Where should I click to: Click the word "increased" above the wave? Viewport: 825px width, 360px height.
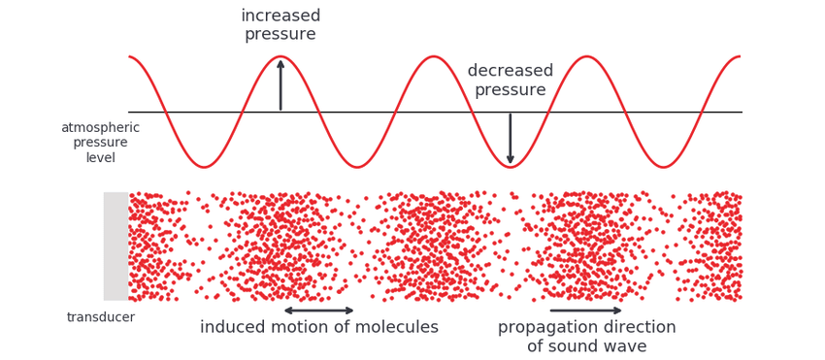click(x=280, y=16)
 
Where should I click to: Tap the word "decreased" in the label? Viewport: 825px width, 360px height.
click(x=511, y=71)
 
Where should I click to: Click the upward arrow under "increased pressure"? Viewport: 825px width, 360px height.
click(x=280, y=85)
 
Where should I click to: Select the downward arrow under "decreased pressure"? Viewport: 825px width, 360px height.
click(x=510, y=139)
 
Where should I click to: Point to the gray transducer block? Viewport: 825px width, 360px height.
click(x=116, y=246)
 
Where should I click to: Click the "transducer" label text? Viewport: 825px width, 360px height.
click(x=101, y=317)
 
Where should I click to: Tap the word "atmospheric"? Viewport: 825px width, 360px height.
click(x=101, y=128)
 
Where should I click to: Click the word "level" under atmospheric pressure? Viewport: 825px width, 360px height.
click(x=101, y=157)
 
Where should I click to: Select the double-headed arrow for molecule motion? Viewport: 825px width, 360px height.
click(x=319, y=310)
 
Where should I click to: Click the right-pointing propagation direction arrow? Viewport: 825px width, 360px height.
click(x=585, y=310)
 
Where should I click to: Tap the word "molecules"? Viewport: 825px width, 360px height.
click(x=397, y=327)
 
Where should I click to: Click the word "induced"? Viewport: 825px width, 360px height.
click(x=233, y=327)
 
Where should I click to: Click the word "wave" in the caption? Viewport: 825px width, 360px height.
click(x=627, y=347)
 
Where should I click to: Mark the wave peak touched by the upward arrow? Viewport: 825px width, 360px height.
click(x=280, y=56)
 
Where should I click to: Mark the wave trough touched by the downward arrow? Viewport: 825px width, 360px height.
click(x=510, y=167)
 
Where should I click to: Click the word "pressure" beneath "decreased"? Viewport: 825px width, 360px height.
click(x=511, y=90)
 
